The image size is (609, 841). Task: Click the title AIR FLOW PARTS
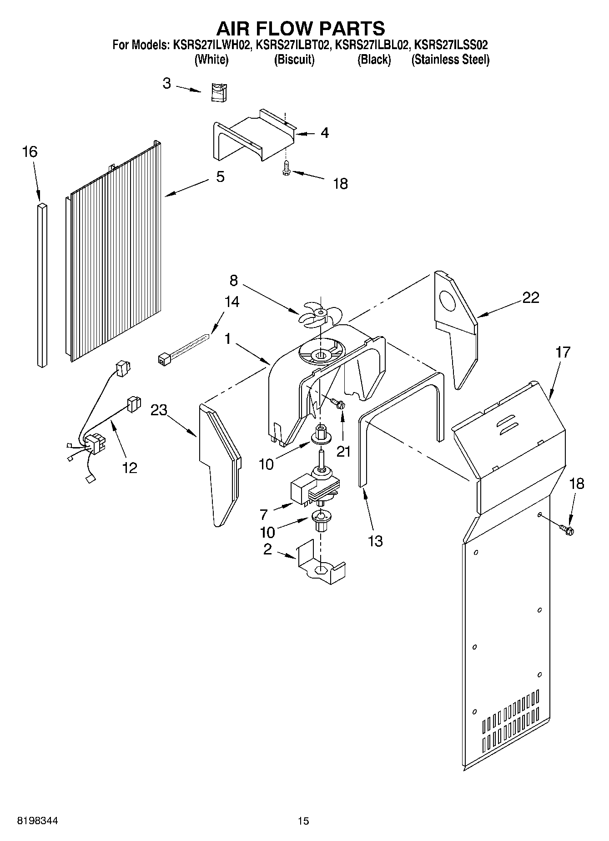(300, 28)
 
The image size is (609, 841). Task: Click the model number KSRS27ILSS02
(451, 45)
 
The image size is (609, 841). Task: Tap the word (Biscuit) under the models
(294, 60)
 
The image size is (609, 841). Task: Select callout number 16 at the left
(30, 152)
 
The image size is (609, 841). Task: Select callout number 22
(530, 297)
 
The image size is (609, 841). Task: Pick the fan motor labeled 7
(314, 489)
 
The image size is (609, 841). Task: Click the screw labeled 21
(337, 403)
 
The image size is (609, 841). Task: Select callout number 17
(562, 353)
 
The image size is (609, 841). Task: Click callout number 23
(159, 410)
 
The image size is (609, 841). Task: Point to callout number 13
(375, 541)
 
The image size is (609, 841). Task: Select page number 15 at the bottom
(303, 821)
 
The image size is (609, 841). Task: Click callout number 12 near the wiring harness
(130, 467)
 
